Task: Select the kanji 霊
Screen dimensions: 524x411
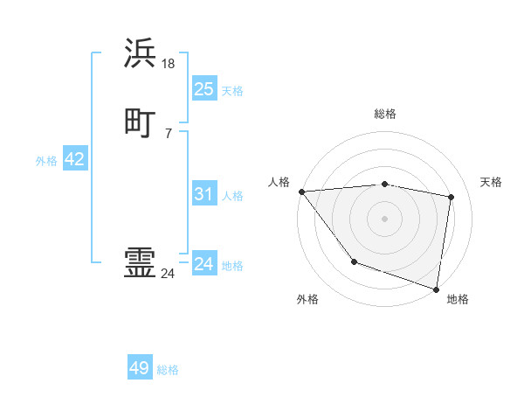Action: pyautogui.click(x=141, y=263)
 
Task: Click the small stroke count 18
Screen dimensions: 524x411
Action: pyautogui.click(x=169, y=63)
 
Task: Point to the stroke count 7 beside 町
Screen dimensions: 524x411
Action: pyautogui.click(x=169, y=133)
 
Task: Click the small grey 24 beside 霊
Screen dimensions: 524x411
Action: pyautogui.click(x=169, y=274)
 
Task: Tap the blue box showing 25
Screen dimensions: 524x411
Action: pyautogui.click(x=203, y=88)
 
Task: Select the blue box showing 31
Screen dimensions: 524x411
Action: pyautogui.click(x=203, y=194)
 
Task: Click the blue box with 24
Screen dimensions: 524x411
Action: pyautogui.click(x=203, y=263)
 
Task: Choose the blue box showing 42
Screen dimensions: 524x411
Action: pyautogui.click(x=74, y=159)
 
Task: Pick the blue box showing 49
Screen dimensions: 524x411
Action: pyautogui.click(x=140, y=368)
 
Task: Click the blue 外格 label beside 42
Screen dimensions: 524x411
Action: pyautogui.click(x=46, y=161)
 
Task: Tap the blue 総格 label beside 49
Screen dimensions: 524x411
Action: pyautogui.click(x=168, y=370)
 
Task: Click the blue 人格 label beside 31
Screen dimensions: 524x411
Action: pyautogui.click(x=233, y=196)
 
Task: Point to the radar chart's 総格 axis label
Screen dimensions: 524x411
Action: pyautogui.click(x=385, y=114)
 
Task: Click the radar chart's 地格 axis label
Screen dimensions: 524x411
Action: pyautogui.click(x=458, y=299)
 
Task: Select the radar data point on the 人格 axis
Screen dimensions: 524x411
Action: pyautogui.click(x=301, y=192)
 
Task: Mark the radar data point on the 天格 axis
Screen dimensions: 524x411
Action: pyautogui.click(x=452, y=197)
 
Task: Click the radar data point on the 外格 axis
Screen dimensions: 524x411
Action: pyautogui.click(x=354, y=261)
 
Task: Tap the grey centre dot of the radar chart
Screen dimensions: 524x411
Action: pyautogui.click(x=385, y=218)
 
